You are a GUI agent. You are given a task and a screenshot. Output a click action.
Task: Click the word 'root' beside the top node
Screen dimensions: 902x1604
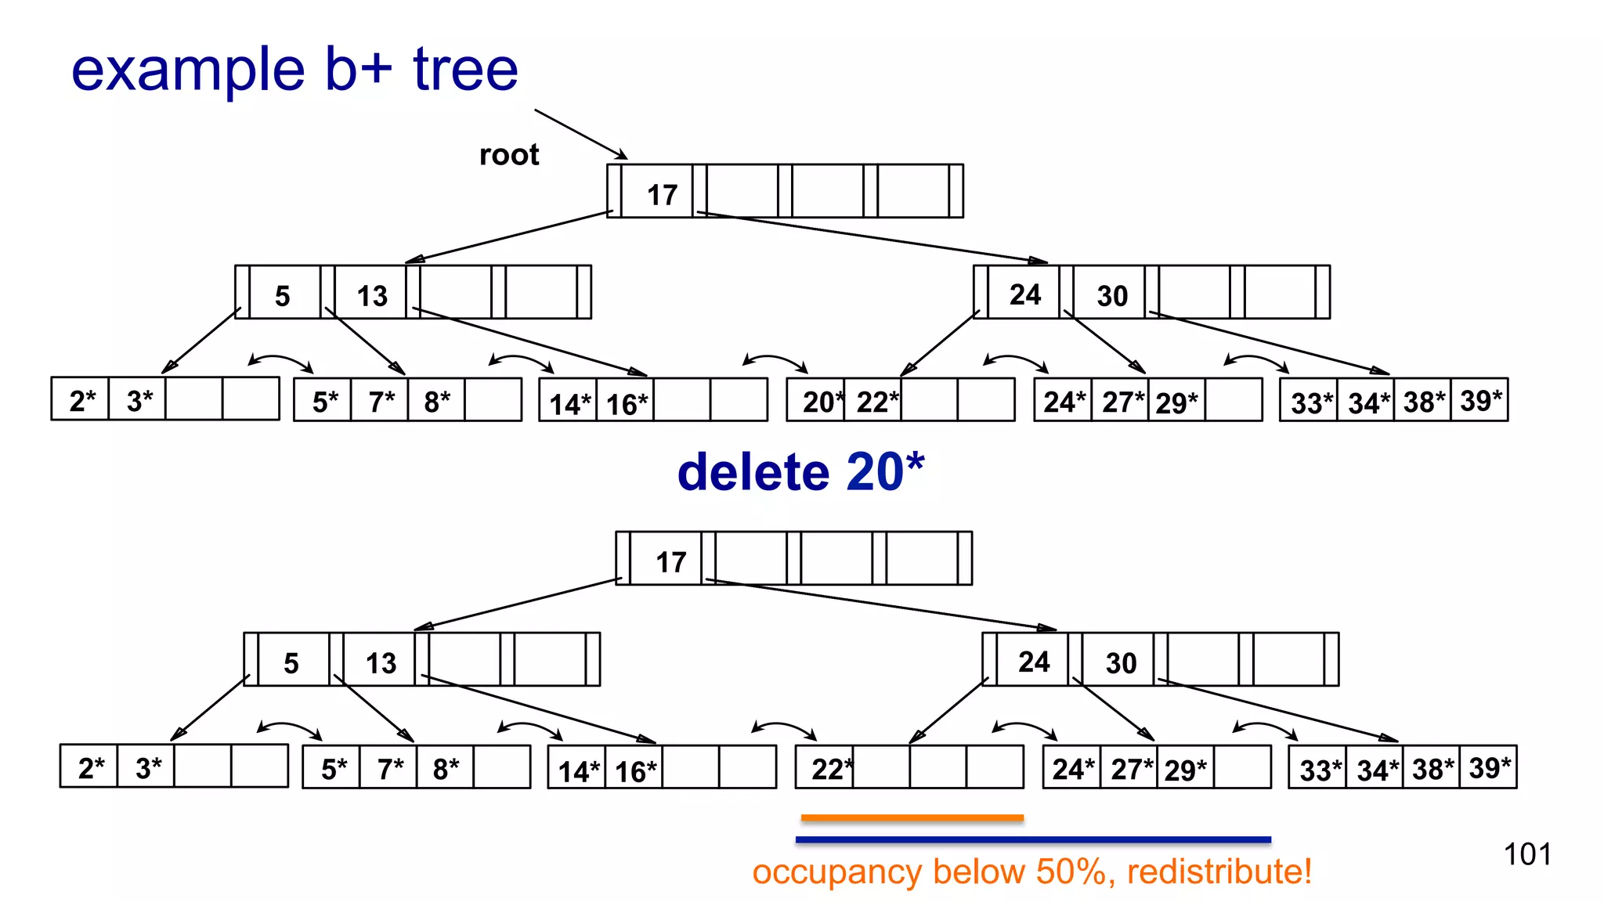click(x=509, y=155)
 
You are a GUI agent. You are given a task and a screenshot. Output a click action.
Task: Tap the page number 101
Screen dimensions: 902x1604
click(x=1526, y=854)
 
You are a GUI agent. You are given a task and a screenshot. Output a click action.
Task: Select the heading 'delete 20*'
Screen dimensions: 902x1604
click(x=800, y=472)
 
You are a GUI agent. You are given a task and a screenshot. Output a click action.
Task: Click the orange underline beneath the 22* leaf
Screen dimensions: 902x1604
click(x=912, y=818)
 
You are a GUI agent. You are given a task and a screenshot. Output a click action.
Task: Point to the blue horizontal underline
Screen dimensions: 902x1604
click(x=1033, y=840)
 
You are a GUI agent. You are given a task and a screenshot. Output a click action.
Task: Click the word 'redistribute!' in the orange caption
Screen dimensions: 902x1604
click(x=1219, y=871)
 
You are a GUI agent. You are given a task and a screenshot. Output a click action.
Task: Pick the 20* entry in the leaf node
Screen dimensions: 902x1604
click(x=819, y=402)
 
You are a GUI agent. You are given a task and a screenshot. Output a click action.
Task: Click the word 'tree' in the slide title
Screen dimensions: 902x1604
click(x=465, y=70)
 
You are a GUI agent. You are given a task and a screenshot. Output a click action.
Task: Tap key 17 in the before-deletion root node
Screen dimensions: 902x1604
click(x=662, y=194)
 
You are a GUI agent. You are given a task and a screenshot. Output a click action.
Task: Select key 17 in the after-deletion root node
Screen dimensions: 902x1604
click(x=670, y=561)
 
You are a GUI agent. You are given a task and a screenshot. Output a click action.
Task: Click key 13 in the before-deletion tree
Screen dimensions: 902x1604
click(x=372, y=296)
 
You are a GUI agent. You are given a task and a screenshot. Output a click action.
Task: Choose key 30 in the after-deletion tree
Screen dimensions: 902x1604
click(x=1121, y=663)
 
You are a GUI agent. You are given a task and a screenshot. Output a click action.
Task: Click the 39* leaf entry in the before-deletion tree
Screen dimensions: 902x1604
click(x=1480, y=401)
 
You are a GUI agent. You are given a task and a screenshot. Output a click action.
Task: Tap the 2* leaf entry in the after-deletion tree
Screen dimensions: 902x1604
click(x=90, y=768)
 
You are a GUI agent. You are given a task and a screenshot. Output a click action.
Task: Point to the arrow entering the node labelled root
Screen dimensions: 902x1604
click(x=580, y=134)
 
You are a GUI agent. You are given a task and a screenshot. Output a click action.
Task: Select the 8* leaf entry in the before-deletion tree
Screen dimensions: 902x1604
click(x=436, y=402)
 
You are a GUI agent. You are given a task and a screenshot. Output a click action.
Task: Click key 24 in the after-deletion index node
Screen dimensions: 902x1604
click(x=1034, y=662)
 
